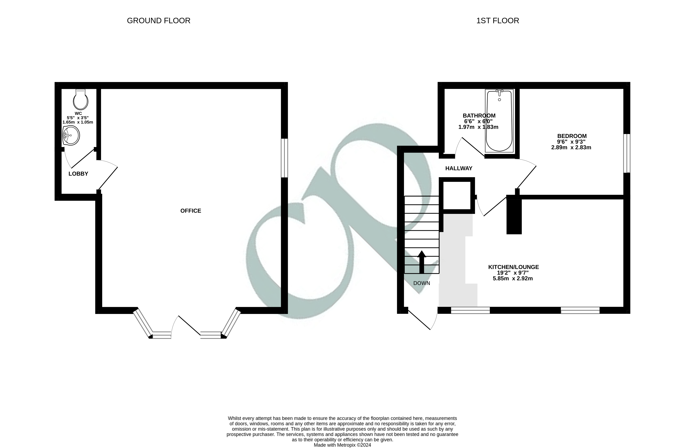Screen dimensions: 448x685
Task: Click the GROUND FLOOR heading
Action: pyautogui.click(x=159, y=21)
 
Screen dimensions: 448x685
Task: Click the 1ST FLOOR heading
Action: pyautogui.click(x=498, y=21)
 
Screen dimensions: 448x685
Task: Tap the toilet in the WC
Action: pyautogui.click(x=81, y=100)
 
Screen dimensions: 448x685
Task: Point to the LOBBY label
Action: pyautogui.click(x=78, y=174)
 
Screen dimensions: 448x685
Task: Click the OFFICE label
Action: pyautogui.click(x=190, y=211)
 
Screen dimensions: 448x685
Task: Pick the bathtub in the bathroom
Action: pyautogui.click(x=499, y=121)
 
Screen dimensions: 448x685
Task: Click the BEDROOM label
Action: pyautogui.click(x=572, y=136)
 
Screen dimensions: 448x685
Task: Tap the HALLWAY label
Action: pyautogui.click(x=459, y=168)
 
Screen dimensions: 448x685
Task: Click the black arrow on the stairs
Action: pyautogui.click(x=422, y=262)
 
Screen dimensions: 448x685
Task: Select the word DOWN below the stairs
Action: pyautogui.click(x=422, y=283)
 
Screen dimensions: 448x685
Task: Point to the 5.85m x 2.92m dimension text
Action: pyautogui.click(x=513, y=279)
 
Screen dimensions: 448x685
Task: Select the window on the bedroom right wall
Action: pyautogui.click(x=627, y=153)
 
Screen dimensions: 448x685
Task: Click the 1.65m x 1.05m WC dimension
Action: pyautogui.click(x=78, y=122)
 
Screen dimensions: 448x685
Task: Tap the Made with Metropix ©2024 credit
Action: pyautogui.click(x=342, y=445)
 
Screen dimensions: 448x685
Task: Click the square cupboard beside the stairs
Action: pyautogui.click(x=457, y=196)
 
